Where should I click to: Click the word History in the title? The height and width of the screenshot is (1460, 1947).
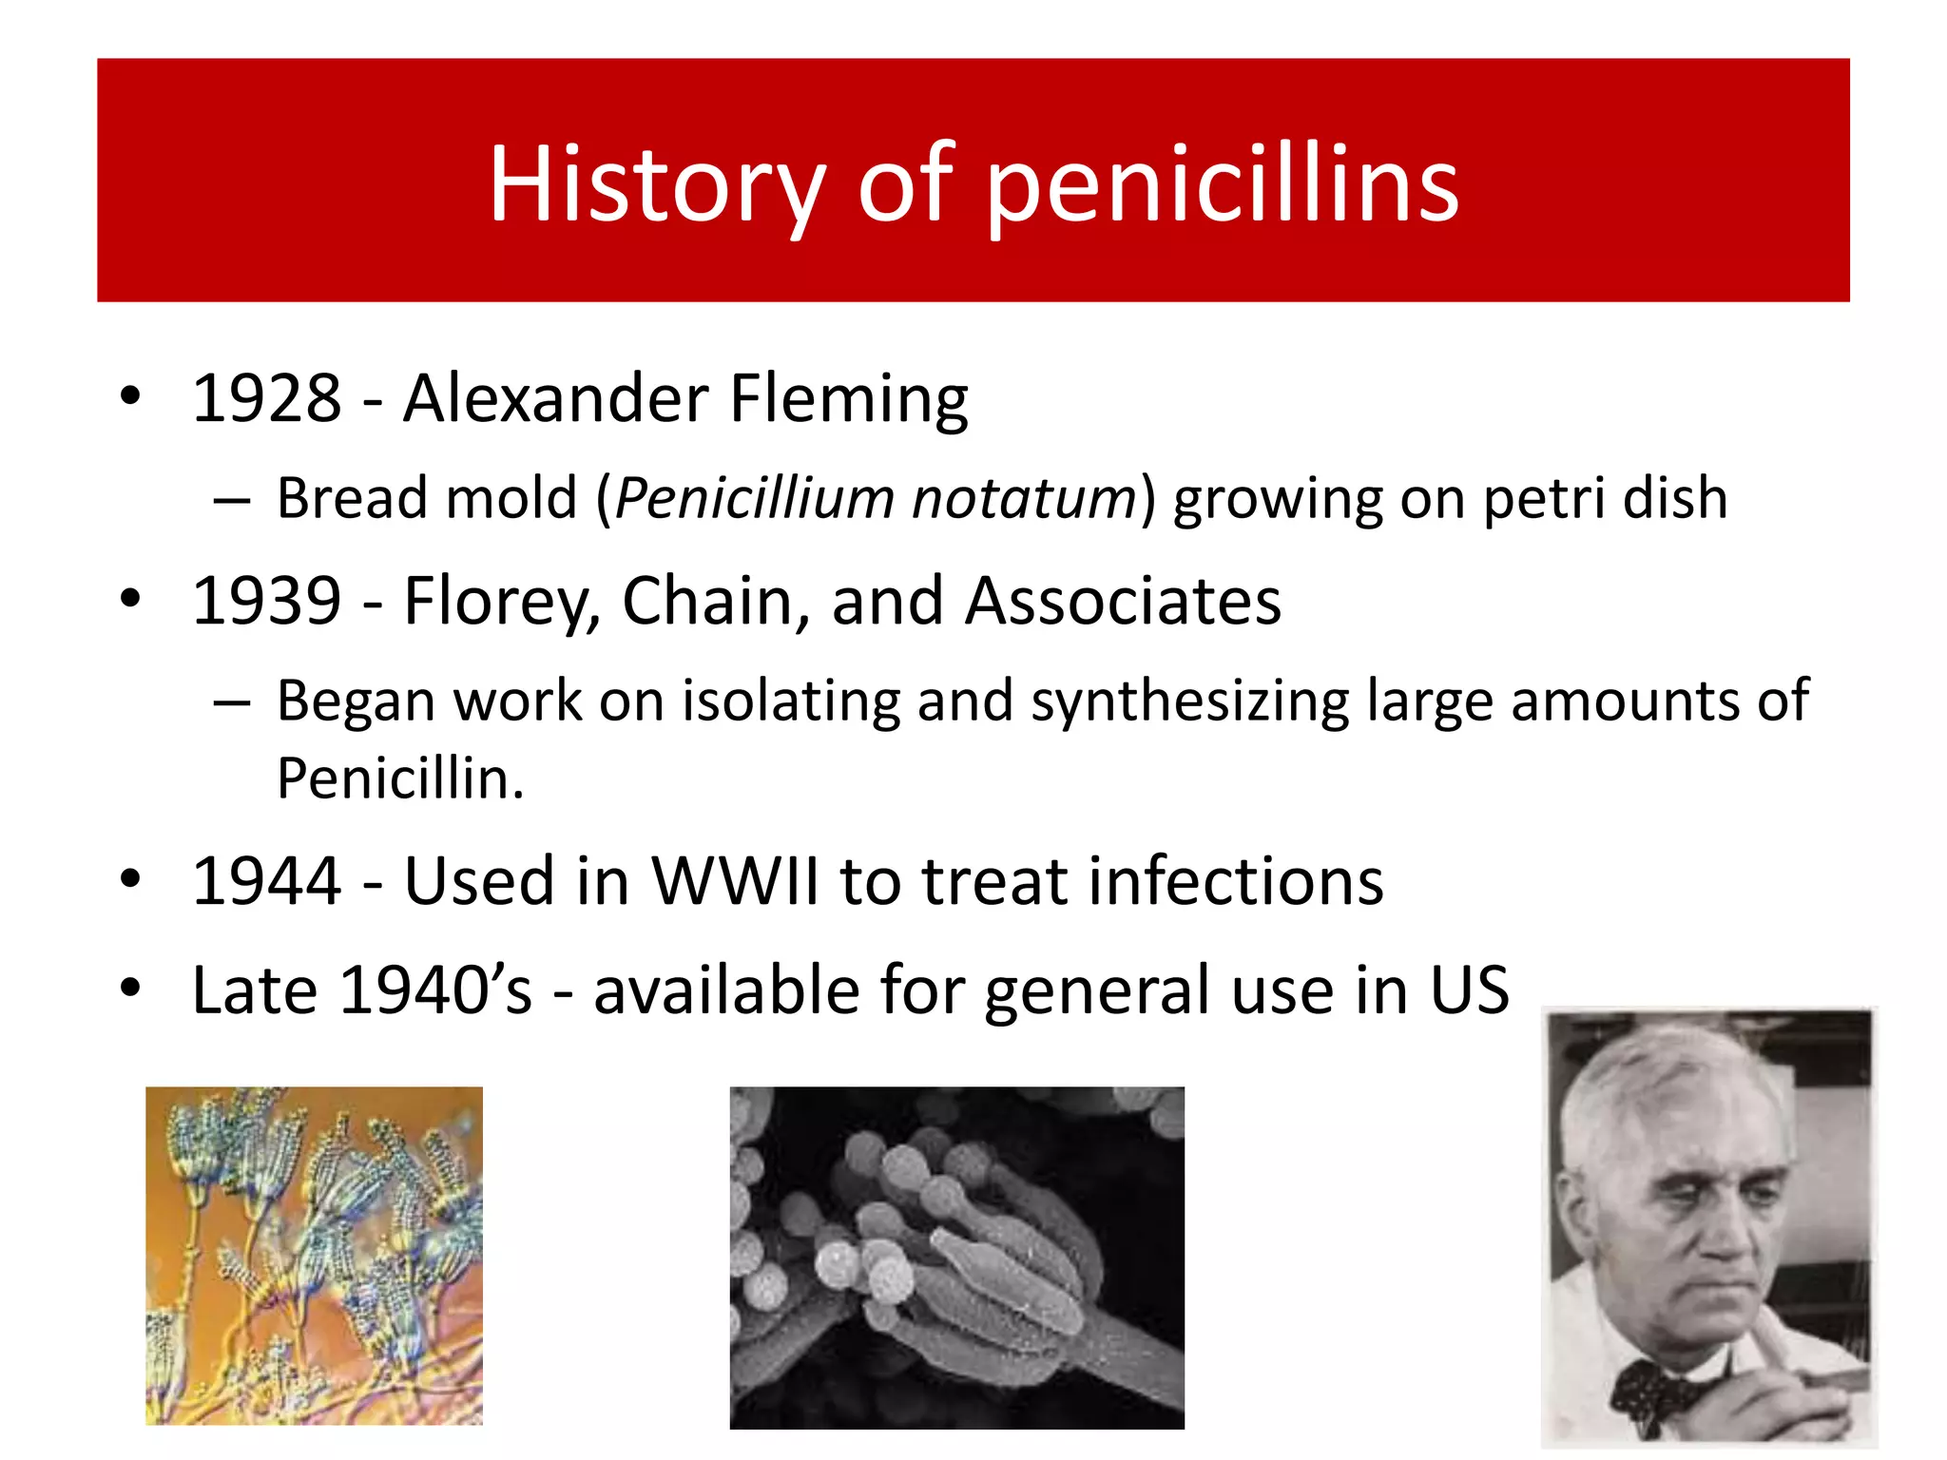click(x=656, y=185)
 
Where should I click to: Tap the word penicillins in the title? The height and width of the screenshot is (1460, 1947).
click(x=1222, y=185)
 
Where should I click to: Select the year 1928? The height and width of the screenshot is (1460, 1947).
click(x=267, y=398)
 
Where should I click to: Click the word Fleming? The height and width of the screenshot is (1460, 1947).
click(x=849, y=400)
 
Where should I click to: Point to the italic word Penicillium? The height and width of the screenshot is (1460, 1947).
click(x=755, y=498)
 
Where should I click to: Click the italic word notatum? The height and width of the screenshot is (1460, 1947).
click(x=1023, y=500)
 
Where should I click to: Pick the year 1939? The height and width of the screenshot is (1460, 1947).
click(x=267, y=601)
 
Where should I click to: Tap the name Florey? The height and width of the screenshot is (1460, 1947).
click(x=502, y=603)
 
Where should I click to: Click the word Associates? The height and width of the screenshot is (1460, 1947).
click(x=1123, y=601)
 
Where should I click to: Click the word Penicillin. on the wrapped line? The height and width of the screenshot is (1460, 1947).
click(x=400, y=778)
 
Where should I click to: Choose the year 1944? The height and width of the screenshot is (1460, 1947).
click(x=267, y=881)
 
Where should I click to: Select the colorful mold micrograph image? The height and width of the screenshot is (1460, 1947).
click(x=314, y=1256)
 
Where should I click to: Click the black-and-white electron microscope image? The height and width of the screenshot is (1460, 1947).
click(x=956, y=1258)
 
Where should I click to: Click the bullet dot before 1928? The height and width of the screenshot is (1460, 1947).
click(x=130, y=395)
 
